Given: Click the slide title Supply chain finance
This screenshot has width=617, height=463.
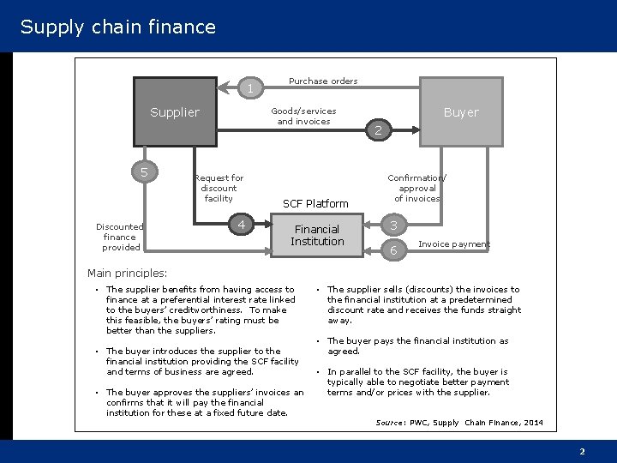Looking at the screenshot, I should tap(118, 27).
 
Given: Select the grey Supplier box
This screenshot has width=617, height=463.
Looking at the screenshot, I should tap(175, 112).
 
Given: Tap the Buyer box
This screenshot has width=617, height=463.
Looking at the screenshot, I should tap(461, 112).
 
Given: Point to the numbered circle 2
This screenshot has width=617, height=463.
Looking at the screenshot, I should tap(379, 131).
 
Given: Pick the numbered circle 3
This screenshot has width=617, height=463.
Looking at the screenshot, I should tap(393, 225).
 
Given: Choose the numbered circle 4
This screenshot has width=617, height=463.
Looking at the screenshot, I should tap(243, 225).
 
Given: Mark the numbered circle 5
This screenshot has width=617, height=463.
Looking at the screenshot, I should tap(144, 172).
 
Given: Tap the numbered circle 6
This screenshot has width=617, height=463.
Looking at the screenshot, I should tap(393, 250).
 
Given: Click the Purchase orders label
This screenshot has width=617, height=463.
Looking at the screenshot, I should tap(323, 81).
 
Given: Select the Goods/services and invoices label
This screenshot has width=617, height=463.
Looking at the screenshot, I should tap(303, 116).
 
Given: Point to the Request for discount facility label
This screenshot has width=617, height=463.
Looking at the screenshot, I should tap(219, 188).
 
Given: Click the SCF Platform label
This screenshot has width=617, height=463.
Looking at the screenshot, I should tap(315, 204).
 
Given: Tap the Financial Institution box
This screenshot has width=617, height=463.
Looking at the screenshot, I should tap(317, 235).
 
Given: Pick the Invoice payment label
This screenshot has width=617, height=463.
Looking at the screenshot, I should tap(453, 244).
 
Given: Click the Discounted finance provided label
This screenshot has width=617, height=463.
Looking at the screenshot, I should tap(120, 237).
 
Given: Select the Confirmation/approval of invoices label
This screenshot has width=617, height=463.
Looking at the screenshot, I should tap(417, 188).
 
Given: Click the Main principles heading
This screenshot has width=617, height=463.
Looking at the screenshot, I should tap(128, 274).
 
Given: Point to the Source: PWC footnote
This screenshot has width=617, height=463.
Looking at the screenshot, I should tap(459, 423).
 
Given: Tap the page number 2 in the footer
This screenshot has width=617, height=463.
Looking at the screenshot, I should tap(582, 451).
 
